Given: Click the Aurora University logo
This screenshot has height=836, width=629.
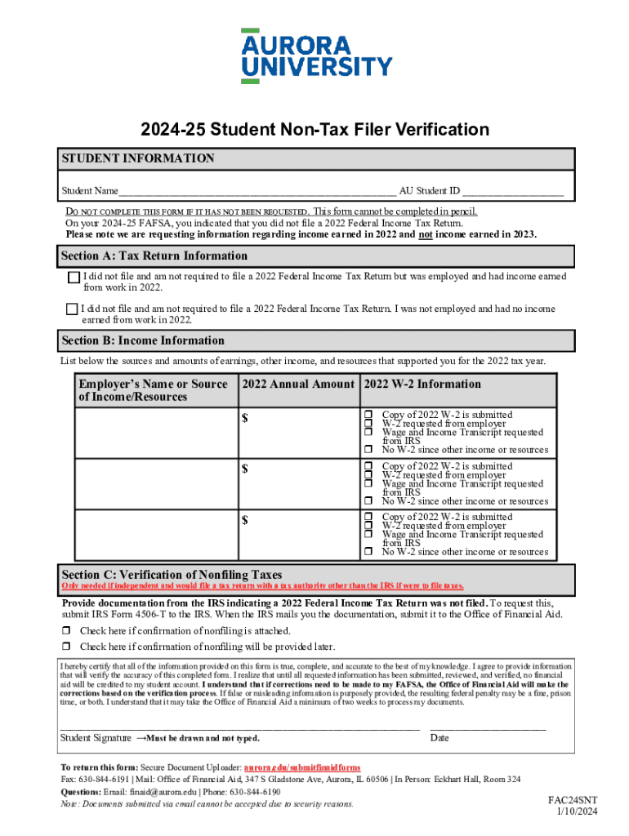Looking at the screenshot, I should pos(316,56).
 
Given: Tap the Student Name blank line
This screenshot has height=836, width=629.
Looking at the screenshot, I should pos(257,191).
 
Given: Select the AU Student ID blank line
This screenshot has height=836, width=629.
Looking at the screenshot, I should pos(513,191).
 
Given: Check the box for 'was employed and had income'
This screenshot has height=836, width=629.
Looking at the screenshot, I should pos(74,278).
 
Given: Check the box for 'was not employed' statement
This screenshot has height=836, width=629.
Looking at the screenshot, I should pos(71,309).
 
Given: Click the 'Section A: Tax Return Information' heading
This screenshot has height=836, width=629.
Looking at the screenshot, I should pos(154,256).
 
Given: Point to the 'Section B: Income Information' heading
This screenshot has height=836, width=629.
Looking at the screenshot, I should pos(143,340).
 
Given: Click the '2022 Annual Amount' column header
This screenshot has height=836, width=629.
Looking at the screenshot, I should pos(298,385).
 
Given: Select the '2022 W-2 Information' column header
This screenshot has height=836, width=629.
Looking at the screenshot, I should pos(422,385).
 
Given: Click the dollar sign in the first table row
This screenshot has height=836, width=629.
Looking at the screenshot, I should pos(244,420).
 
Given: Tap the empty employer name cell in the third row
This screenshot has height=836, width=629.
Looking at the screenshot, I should pos(155,535).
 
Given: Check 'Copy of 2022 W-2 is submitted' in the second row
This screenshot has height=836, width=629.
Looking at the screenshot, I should pos(368,466).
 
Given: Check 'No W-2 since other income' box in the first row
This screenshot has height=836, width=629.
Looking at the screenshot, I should pos(368,450).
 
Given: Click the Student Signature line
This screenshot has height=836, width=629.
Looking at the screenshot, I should pos(240,725).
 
